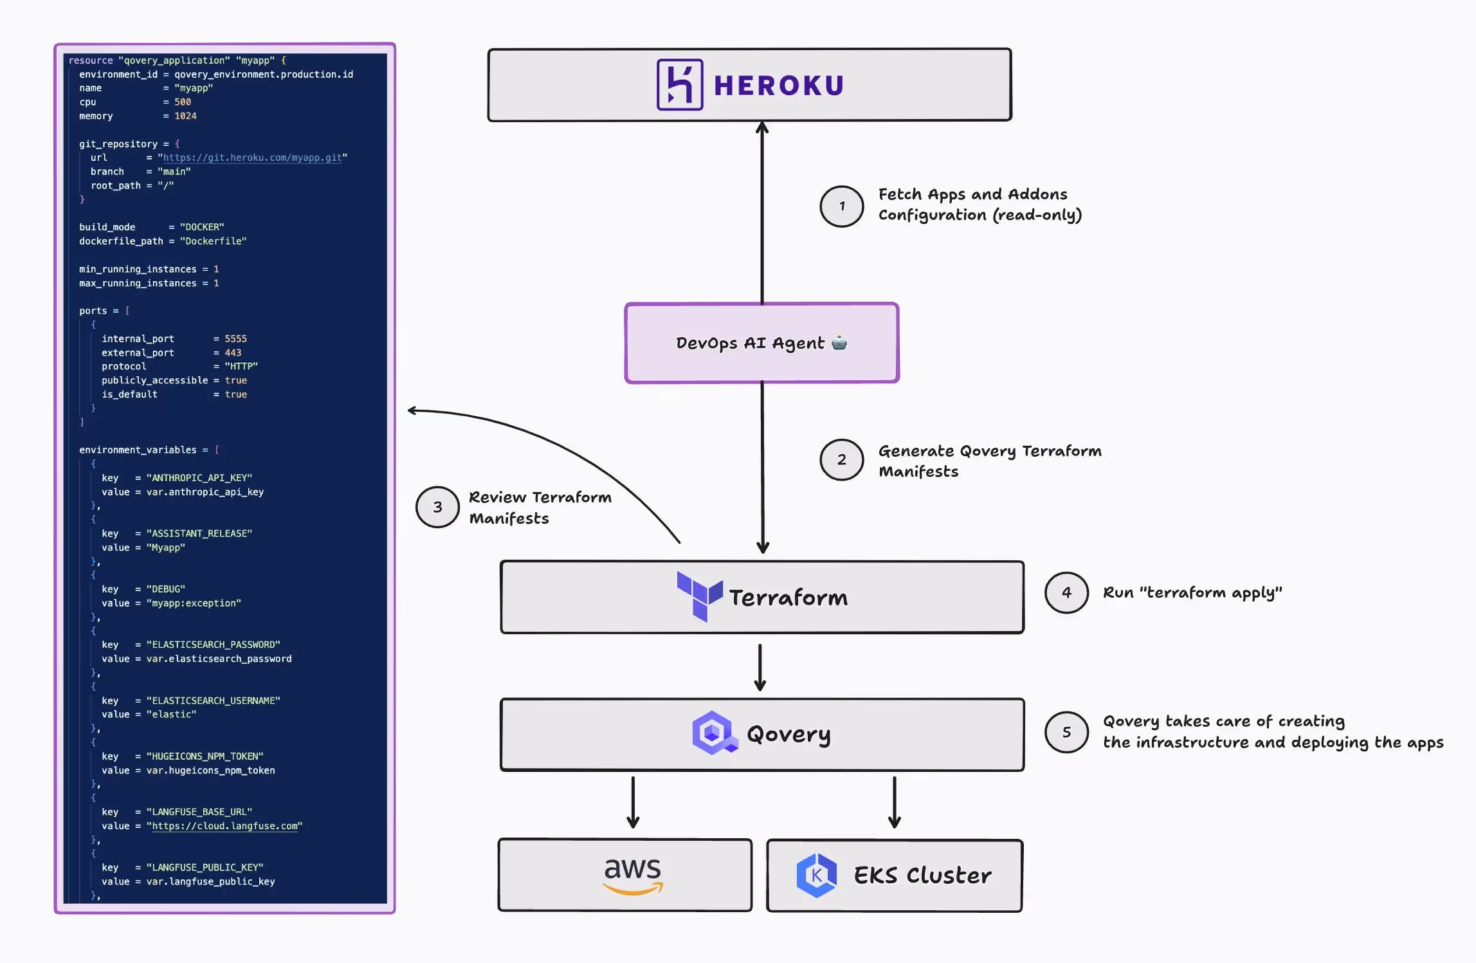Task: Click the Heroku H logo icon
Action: point(679,85)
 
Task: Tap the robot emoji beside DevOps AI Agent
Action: point(839,342)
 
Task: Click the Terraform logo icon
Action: point(699,596)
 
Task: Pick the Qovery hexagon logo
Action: point(713,733)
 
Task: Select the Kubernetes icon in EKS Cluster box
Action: point(816,875)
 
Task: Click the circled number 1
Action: point(841,206)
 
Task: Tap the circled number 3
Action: point(437,507)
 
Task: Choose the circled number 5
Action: point(1066,732)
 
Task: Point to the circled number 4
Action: point(1066,592)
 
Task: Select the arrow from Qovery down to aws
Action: point(633,802)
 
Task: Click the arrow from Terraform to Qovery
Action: point(760,667)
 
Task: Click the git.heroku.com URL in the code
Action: point(252,158)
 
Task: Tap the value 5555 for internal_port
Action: point(235,339)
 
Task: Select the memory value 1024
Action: point(185,116)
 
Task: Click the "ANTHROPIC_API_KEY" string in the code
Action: point(199,478)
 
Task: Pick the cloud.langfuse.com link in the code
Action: point(224,826)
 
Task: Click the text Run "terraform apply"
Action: point(1192,592)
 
